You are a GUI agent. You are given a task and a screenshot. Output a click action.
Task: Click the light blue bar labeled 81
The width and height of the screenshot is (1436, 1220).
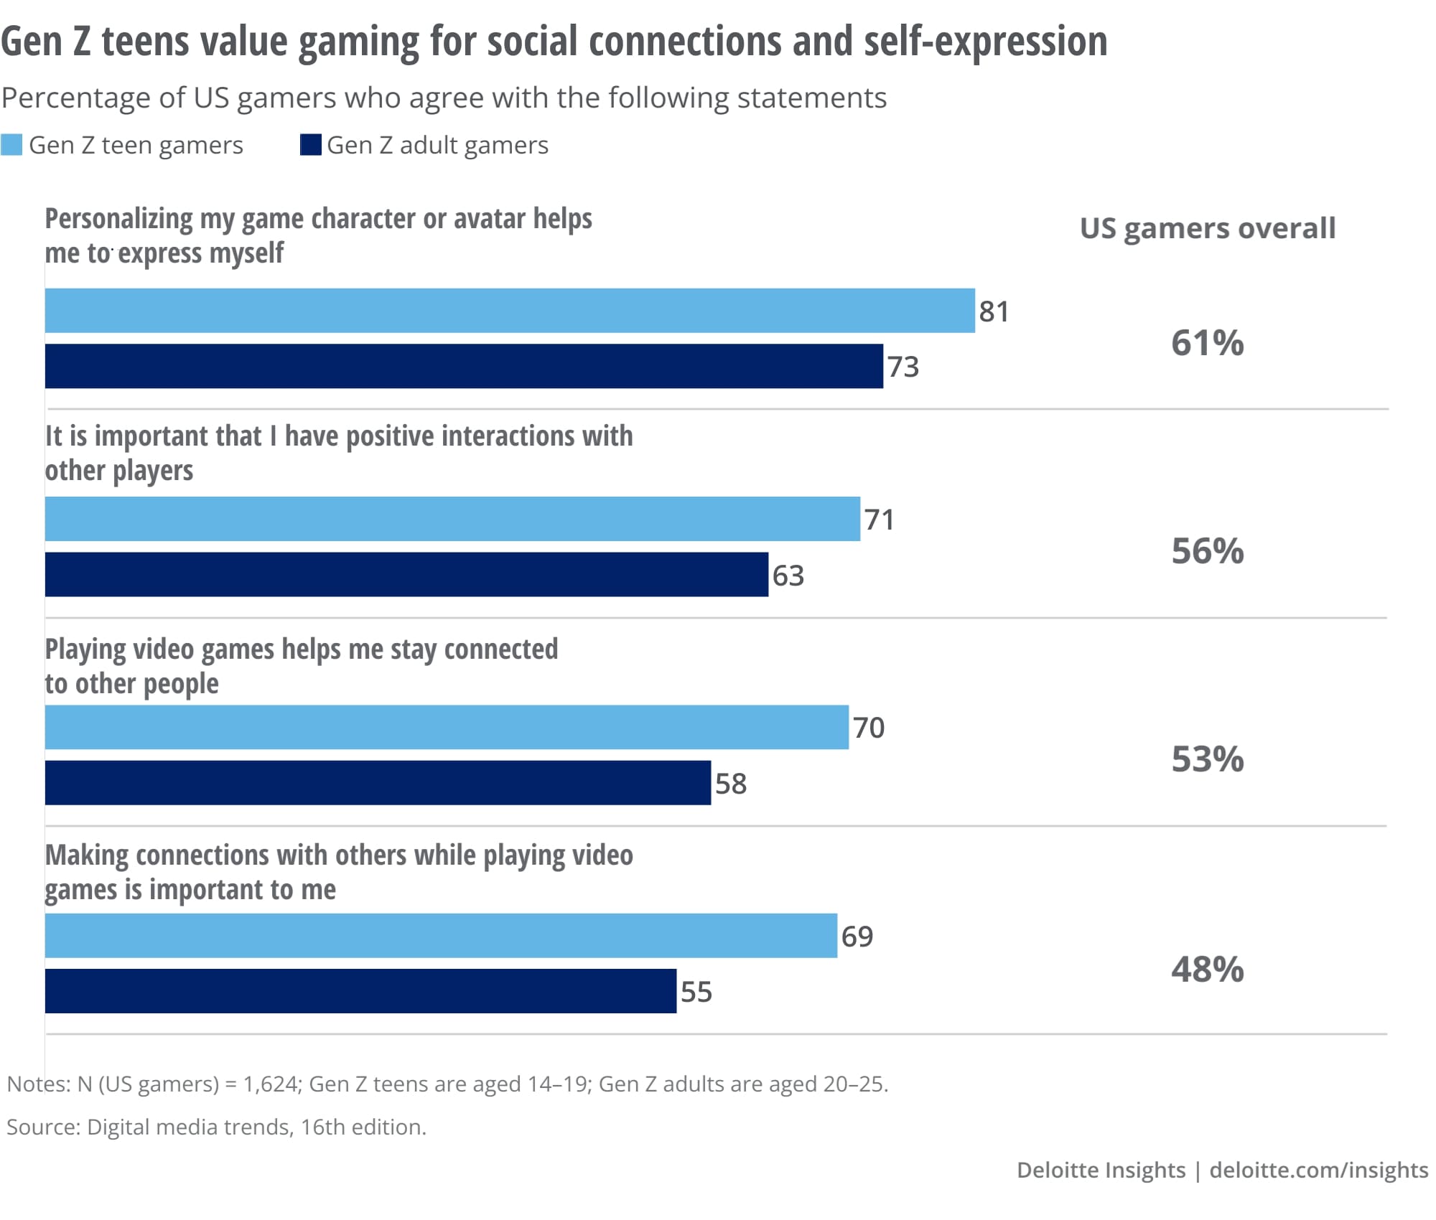(510, 311)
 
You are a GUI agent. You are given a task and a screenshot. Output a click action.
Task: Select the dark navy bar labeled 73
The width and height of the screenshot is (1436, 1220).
(464, 366)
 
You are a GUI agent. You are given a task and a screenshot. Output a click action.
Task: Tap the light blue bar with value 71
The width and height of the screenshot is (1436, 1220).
(452, 519)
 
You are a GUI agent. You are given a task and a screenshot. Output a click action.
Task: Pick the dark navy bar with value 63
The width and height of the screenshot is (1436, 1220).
(406, 574)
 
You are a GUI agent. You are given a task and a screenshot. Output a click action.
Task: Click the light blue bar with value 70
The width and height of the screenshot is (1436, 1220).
(447, 727)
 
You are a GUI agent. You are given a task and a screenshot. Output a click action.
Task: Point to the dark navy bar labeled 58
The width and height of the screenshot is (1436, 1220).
(378, 783)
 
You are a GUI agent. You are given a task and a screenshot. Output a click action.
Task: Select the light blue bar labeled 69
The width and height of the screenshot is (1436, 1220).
(441, 936)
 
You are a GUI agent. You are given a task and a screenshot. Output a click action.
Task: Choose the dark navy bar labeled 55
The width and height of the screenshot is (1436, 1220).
(360, 991)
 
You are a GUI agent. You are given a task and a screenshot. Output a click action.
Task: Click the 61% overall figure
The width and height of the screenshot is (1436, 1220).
(1207, 343)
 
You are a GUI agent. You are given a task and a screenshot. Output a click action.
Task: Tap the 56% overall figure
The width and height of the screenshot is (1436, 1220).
(1207, 551)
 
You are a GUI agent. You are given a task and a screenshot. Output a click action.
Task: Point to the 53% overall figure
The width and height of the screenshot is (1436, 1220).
(1207, 759)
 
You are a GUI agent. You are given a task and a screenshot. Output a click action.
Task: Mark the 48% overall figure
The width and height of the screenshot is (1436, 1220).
(1207, 970)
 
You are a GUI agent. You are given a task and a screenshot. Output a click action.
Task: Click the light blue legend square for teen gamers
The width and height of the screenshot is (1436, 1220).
(11, 145)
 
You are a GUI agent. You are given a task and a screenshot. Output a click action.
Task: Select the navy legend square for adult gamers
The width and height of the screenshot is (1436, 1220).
(310, 145)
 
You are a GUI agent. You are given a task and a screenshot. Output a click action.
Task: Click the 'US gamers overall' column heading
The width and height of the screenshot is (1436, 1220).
(1207, 228)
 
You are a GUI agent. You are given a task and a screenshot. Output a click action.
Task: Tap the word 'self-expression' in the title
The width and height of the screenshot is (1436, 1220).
(985, 42)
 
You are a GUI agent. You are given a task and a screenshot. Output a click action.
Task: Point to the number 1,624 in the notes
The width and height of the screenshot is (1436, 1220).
(270, 1084)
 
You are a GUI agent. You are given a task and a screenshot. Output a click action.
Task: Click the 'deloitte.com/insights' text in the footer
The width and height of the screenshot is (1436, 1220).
(1318, 1170)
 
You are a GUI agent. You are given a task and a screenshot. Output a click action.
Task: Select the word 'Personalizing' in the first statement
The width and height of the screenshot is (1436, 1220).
(118, 219)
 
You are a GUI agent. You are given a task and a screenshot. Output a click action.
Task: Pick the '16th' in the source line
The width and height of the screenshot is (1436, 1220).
(322, 1127)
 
